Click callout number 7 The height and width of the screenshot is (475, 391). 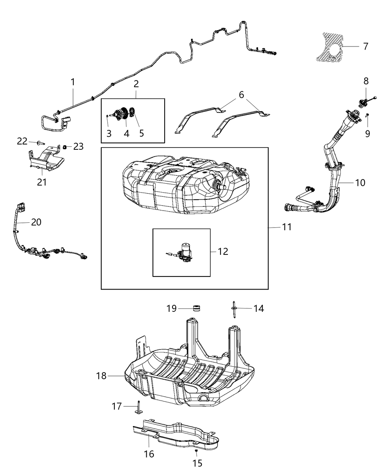tap(365, 46)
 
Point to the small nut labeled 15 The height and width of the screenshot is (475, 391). tap(196, 451)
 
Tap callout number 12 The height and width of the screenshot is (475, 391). tap(223, 251)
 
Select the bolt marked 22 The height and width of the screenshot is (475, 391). tap(40, 142)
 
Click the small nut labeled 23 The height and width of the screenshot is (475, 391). tap(64, 147)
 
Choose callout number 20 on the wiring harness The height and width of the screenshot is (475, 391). tap(36, 222)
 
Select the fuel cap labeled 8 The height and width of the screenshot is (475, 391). tap(362, 102)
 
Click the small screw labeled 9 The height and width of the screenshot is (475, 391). tap(367, 116)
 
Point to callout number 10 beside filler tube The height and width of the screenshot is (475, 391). tap(360, 183)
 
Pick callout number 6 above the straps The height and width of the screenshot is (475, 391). tap(241, 95)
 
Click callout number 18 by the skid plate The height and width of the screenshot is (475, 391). tap(101, 376)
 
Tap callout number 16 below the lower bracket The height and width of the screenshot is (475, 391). tap(149, 454)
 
